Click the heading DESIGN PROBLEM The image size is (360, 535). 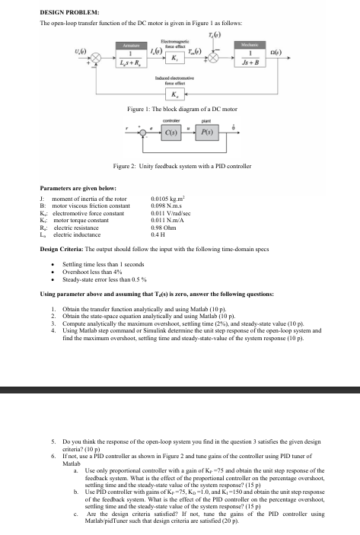[65, 11]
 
